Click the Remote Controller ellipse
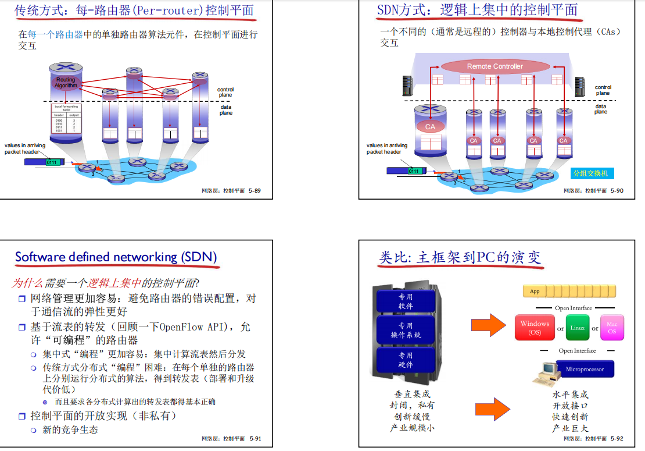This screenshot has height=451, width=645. [495, 66]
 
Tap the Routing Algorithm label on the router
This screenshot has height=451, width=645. [66, 83]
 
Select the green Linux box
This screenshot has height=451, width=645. [578, 328]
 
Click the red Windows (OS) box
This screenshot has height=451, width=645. [535, 328]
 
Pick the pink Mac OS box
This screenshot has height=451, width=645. [612, 328]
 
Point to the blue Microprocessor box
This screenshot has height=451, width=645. [585, 369]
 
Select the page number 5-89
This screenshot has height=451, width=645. [255, 191]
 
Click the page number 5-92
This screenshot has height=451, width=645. [617, 438]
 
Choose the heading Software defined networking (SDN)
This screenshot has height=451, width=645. [116, 257]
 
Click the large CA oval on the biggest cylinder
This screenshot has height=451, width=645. [430, 126]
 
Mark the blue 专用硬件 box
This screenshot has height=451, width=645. [406, 360]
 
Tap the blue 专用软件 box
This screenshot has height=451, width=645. [406, 301]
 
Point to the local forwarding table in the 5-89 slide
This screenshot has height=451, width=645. [66, 119]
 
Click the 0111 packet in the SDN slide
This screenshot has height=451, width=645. [413, 171]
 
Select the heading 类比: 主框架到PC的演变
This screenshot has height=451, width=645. [459, 257]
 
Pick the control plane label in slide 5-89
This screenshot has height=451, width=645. [225, 92]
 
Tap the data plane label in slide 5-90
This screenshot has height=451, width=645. [601, 109]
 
